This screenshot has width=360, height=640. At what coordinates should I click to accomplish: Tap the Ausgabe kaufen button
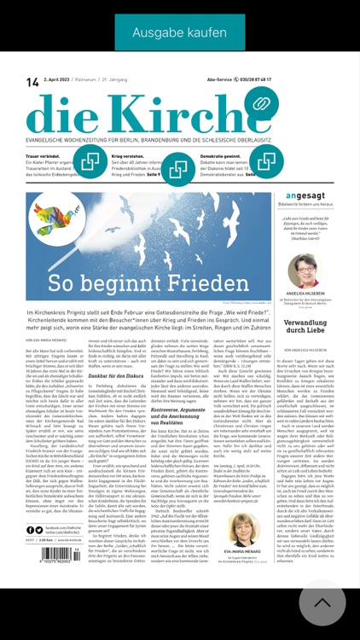tap(179, 32)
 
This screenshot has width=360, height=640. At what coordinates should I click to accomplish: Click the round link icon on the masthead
tap(261, 105)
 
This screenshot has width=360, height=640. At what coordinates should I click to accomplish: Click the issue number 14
tap(32, 82)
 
